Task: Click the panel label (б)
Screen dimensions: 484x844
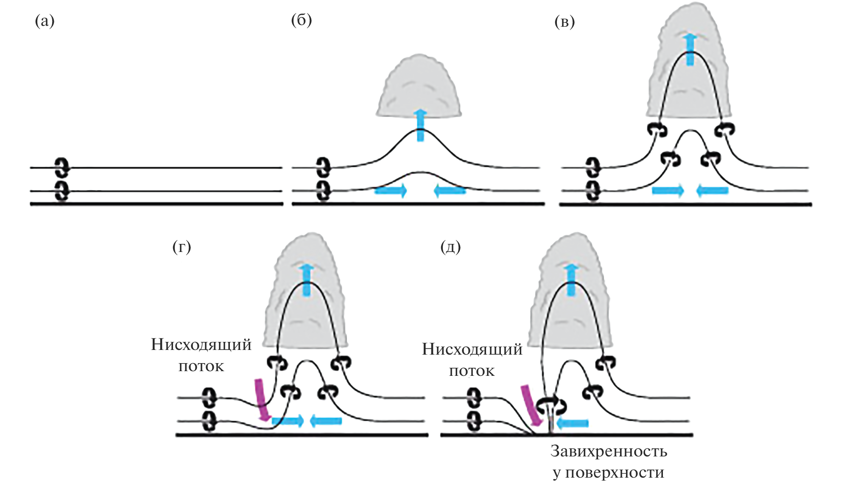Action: (x=302, y=20)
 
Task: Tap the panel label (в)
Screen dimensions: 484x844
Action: (x=565, y=22)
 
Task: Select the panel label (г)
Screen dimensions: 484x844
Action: (x=182, y=246)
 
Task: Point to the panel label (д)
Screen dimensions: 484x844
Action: (x=450, y=246)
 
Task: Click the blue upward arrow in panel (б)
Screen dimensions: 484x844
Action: (x=420, y=125)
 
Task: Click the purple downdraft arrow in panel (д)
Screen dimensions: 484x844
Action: (x=531, y=405)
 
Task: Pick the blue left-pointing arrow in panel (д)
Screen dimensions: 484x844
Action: (x=573, y=423)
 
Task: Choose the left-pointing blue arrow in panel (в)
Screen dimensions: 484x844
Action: (x=713, y=190)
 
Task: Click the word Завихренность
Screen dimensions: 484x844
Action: (x=609, y=451)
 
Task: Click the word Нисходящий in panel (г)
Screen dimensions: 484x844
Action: (x=201, y=345)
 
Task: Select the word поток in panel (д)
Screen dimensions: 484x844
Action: (x=472, y=371)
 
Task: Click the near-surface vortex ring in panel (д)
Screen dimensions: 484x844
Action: (x=551, y=405)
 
